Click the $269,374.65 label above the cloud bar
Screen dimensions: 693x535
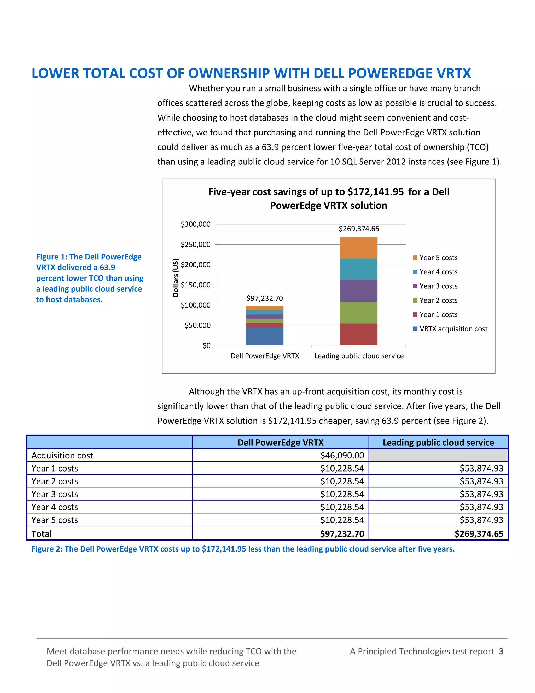tap(358, 229)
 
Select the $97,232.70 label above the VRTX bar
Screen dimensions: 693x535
tap(264, 298)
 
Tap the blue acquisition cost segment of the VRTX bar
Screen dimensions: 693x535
tap(264, 336)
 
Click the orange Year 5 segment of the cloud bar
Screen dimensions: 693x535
tap(358, 247)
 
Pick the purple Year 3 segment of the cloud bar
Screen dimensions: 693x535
tap(358, 291)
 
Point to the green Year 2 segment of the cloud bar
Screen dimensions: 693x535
tap(358, 313)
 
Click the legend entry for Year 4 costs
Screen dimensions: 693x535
tap(438, 272)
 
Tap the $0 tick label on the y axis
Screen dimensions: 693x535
tap(206, 345)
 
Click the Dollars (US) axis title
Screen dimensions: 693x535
tap(175, 278)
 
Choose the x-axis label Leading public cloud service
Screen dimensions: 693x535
tap(359, 356)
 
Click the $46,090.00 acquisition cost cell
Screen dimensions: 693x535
tap(342, 455)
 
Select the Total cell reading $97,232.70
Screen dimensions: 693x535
tap(342, 534)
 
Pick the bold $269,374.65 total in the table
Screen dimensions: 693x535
tap(479, 534)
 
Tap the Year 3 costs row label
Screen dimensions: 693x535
tap(55, 494)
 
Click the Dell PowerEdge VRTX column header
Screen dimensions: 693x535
tap(280, 442)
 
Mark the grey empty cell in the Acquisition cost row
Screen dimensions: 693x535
tap(438, 455)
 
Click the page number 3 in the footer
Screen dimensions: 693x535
tap(501, 651)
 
